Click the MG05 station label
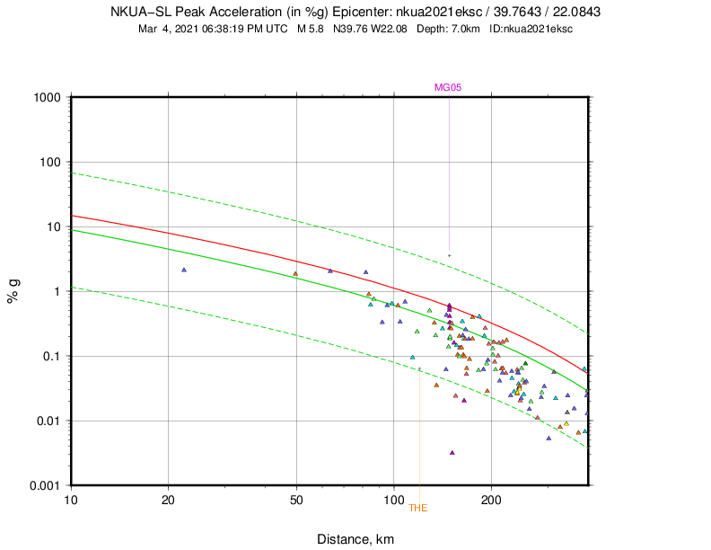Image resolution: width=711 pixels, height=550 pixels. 448,87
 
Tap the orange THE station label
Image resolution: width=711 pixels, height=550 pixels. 418,508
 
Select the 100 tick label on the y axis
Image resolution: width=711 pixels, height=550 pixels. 50,162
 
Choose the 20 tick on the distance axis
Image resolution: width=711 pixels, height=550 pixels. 169,499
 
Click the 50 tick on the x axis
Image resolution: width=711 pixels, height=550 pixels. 297,499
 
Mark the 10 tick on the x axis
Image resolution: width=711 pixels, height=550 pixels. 71,499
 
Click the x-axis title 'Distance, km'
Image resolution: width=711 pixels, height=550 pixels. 355,538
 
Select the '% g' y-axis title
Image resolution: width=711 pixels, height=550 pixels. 13,291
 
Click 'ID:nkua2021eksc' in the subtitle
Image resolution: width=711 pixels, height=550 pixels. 531,29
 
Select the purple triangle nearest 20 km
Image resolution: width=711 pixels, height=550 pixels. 184,270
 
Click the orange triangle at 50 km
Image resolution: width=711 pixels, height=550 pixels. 295,274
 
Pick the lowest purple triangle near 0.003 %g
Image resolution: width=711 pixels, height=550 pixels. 452,452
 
